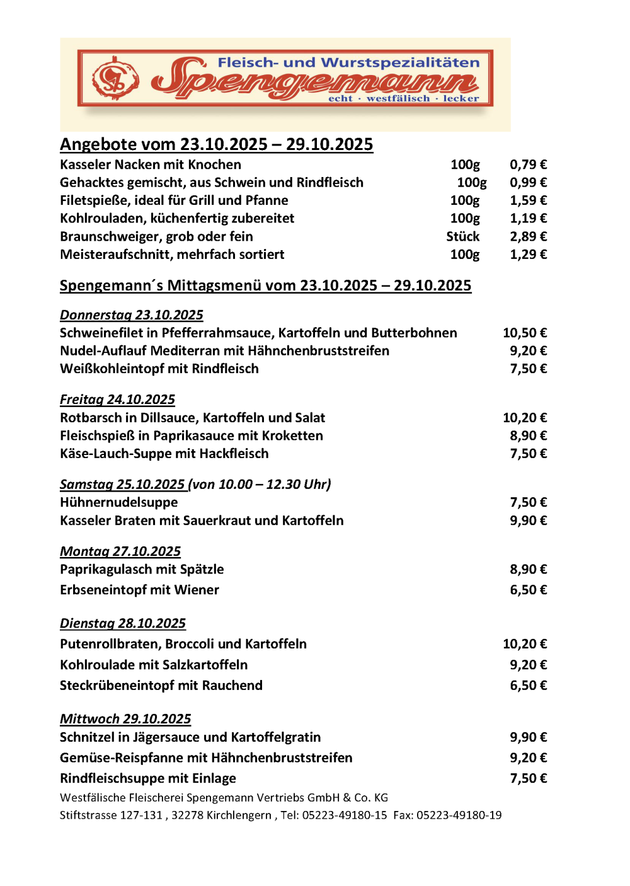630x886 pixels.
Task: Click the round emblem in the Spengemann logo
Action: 115,79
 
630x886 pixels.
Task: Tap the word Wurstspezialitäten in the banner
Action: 400,62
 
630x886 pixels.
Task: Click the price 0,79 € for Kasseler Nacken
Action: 528,164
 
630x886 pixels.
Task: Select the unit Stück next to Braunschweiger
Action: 462,236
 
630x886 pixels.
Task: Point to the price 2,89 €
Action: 528,236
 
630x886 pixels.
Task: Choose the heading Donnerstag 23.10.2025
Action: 131,315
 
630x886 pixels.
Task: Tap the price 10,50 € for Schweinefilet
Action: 524,333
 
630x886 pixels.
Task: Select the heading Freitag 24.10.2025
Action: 117,400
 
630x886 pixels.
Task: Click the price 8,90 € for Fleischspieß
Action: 528,435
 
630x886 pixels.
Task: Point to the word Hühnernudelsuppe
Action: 118,502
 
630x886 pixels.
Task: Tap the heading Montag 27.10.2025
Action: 120,551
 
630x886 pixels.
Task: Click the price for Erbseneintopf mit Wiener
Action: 528,590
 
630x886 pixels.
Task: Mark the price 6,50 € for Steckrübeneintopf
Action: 528,685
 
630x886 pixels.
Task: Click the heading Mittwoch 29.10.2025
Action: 125,719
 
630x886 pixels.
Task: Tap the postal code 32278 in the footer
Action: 188,815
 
